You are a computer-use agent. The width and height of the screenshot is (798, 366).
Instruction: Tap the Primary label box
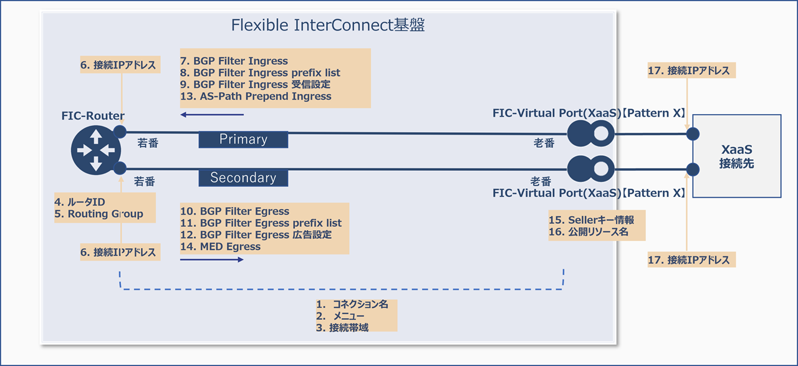pos(243,139)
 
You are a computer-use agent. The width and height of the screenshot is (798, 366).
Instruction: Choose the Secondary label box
pos(243,178)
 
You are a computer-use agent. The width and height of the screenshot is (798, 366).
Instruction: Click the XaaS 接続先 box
pos(736,156)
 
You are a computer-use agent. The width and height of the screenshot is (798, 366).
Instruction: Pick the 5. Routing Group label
pos(99,214)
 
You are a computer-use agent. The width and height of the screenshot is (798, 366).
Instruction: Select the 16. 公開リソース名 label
pos(589,232)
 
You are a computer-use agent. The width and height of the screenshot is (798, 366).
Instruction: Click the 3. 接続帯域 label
pos(342,327)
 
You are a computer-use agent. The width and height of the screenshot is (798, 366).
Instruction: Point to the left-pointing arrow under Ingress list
pos(212,115)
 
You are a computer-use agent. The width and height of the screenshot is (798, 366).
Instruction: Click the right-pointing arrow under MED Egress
pos(211,259)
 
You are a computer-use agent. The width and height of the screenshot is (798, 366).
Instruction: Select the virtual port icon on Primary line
pos(590,133)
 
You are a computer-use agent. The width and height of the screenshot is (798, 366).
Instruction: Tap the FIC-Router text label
pos(93,116)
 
